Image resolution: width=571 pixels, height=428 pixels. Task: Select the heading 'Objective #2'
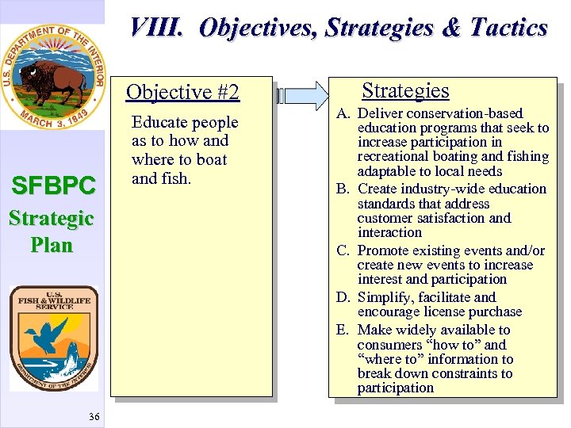[182, 93]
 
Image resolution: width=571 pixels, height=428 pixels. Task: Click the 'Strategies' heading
[405, 91]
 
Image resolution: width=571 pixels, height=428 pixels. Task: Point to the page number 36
[94, 417]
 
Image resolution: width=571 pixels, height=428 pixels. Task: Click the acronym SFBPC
[52, 186]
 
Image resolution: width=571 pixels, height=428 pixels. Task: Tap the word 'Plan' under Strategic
[52, 245]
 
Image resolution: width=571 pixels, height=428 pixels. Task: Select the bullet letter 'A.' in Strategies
[343, 113]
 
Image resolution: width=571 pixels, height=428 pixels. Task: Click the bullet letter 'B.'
[343, 189]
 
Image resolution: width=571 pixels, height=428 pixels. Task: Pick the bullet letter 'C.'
[343, 250]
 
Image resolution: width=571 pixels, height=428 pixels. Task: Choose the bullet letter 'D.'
[343, 297]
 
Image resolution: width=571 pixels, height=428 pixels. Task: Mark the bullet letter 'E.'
[343, 330]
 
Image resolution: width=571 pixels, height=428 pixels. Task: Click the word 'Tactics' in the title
[508, 29]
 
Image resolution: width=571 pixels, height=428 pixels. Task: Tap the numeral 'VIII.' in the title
[157, 29]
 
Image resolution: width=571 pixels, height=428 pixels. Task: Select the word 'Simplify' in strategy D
[386, 297]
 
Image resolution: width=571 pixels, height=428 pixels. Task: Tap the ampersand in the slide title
[450, 29]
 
